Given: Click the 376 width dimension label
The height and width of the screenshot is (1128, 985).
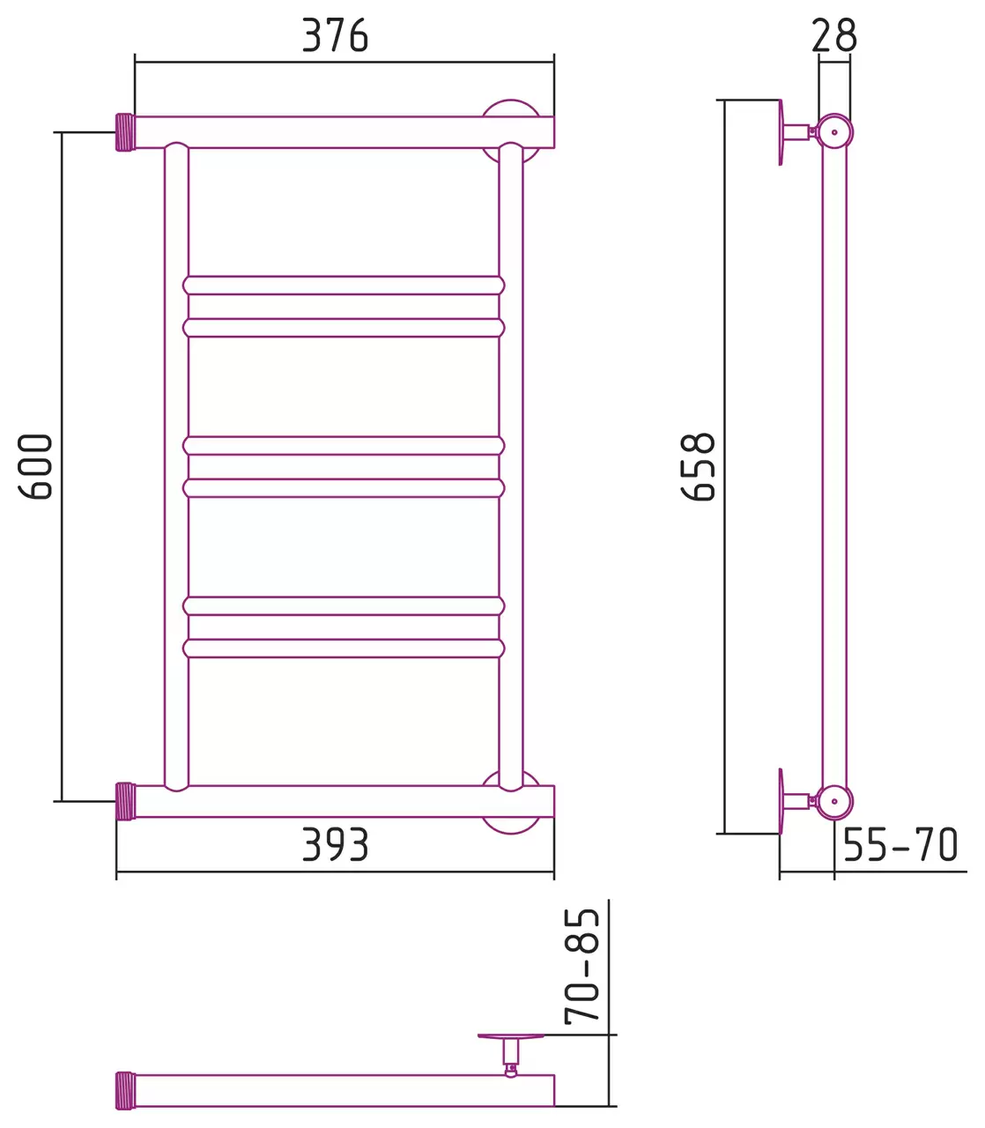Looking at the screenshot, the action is (335, 35).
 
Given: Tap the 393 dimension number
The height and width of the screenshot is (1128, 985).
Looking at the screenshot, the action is (335, 844).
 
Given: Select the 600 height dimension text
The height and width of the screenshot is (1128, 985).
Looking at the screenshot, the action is (35, 466).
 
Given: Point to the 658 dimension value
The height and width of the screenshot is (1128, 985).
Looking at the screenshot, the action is (698, 466).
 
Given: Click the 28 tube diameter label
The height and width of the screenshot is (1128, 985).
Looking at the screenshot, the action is (834, 35).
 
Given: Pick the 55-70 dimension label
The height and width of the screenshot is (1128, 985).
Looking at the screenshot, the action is (900, 844).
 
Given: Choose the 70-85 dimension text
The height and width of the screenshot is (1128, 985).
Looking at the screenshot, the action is (581, 967).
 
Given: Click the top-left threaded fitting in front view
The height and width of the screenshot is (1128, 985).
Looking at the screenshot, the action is (125, 132).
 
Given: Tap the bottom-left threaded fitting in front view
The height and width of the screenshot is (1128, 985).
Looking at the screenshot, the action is (125, 802).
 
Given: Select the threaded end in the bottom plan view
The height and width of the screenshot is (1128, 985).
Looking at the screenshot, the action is (125, 1090).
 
